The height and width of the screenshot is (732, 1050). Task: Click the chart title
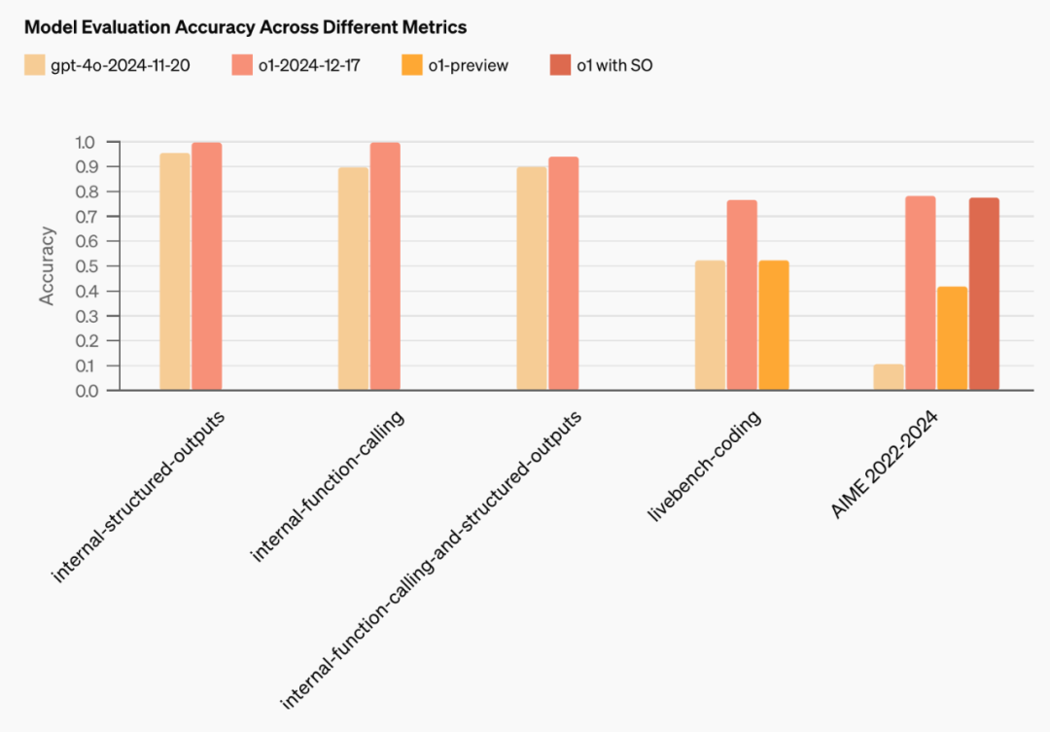click(x=245, y=27)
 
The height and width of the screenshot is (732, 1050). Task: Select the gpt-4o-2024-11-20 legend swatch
click(x=34, y=65)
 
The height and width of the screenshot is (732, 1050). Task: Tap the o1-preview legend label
click(x=468, y=66)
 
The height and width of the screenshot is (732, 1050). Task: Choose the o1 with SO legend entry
click(x=602, y=65)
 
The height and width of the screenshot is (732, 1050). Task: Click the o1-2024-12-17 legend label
click(x=309, y=66)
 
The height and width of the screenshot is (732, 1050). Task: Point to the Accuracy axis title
click(x=47, y=266)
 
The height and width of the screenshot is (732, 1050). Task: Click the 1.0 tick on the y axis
click(x=85, y=142)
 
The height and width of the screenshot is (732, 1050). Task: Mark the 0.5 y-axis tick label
click(x=86, y=266)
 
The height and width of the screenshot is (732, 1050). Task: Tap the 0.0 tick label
click(x=87, y=391)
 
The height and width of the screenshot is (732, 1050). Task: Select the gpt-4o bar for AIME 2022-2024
click(x=889, y=377)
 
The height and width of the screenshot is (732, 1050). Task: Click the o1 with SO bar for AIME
click(x=984, y=294)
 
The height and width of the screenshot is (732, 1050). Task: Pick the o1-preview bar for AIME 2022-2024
click(x=952, y=338)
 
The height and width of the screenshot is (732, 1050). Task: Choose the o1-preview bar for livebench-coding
click(x=774, y=326)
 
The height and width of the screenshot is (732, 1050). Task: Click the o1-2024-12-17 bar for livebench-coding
click(x=742, y=296)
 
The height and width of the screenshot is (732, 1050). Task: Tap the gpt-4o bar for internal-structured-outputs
click(x=175, y=272)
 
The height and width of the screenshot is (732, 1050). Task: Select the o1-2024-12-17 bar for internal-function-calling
click(x=385, y=266)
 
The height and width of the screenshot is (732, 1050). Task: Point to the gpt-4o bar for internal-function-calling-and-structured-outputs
click(x=532, y=279)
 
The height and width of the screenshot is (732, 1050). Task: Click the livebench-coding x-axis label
click(x=705, y=466)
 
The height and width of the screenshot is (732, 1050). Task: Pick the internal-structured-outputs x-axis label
click(x=138, y=497)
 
